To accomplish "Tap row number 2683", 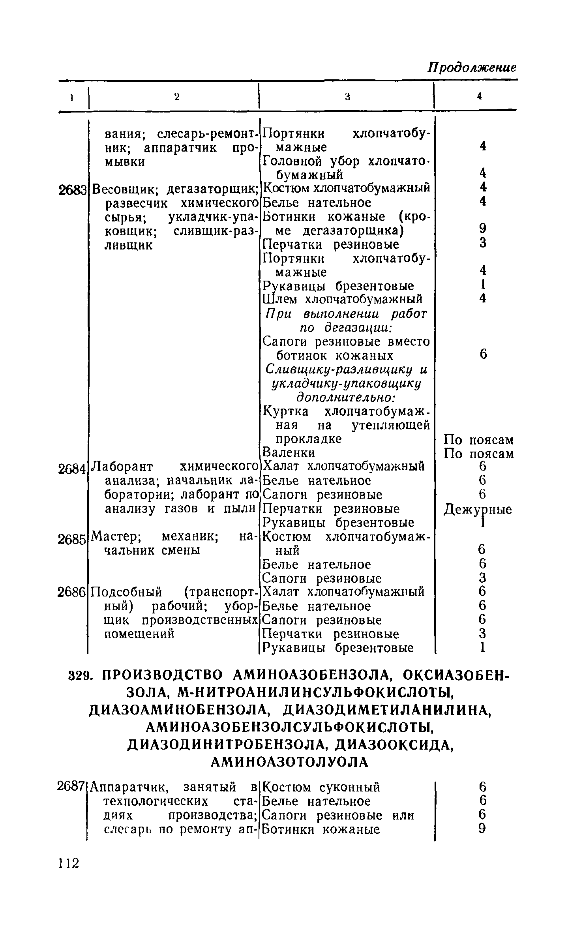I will coord(72,191).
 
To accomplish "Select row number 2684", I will coord(72,469).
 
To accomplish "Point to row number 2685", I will coord(72,539).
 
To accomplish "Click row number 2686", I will coord(72,592).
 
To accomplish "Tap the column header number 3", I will coord(347,96).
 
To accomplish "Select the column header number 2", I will coord(176,97).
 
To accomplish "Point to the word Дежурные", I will coord(478,509).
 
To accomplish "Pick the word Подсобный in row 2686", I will coord(126,592).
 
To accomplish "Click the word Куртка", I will coord(286,411).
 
